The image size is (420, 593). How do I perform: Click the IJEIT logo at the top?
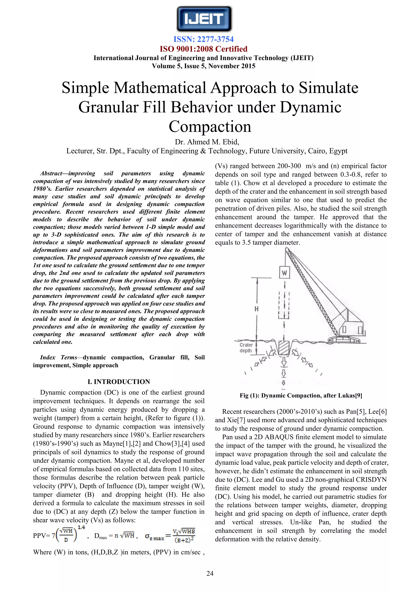(204, 19)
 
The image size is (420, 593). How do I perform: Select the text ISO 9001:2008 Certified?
(203, 49)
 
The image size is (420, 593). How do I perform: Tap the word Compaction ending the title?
(210, 127)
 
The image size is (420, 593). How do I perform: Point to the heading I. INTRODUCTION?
(119, 382)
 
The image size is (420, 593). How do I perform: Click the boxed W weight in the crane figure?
(284, 273)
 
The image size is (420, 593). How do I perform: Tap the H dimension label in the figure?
(256, 309)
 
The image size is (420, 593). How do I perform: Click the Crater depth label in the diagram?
(246, 348)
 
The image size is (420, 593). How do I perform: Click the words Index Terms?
(58, 358)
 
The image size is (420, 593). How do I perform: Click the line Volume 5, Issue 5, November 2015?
(203, 66)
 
